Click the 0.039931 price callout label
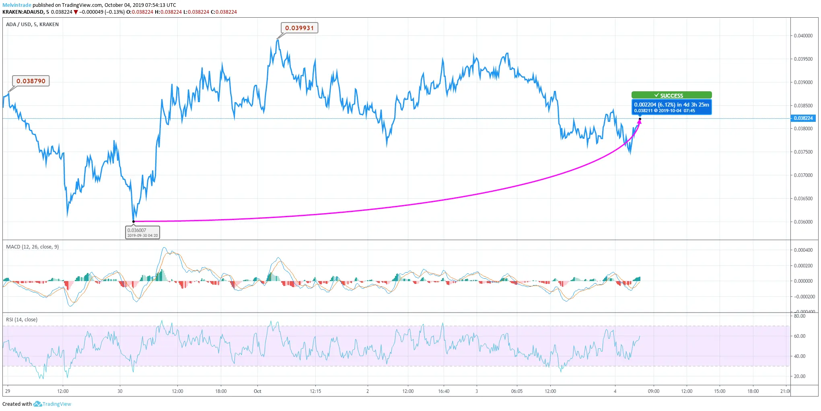[x=299, y=28]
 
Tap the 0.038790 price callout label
[x=31, y=81]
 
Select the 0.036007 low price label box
[x=142, y=232]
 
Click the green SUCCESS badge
[x=671, y=95]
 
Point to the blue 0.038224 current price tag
[x=803, y=118]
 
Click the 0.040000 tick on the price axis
[x=803, y=36]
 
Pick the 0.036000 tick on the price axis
[x=803, y=222]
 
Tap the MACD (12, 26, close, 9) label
[x=32, y=247]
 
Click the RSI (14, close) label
[x=22, y=320]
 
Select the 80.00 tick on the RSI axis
[x=800, y=316]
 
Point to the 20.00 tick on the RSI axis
[x=800, y=376]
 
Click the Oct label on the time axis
[x=257, y=391]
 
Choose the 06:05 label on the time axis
[x=517, y=391]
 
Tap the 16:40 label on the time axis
[x=444, y=391]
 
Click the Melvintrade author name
[x=17, y=5]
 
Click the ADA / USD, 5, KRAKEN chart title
[x=32, y=25]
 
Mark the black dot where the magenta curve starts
[x=134, y=222]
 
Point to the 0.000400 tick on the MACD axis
[x=803, y=250]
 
